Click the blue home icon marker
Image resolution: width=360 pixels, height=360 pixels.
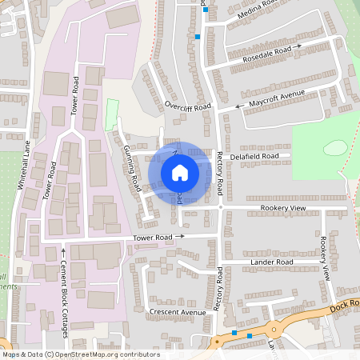(180, 172)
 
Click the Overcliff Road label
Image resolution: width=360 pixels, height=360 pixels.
(188, 106)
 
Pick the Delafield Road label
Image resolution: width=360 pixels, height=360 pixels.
(256, 156)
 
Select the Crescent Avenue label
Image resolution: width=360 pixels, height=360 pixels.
(178, 311)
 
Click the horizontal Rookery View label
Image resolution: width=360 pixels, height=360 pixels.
(284, 208)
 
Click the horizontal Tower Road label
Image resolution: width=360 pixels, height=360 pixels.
(154, 238)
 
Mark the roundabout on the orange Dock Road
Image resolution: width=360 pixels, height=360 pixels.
(274, 329)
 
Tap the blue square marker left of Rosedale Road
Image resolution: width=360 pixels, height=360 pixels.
(198, 37)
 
